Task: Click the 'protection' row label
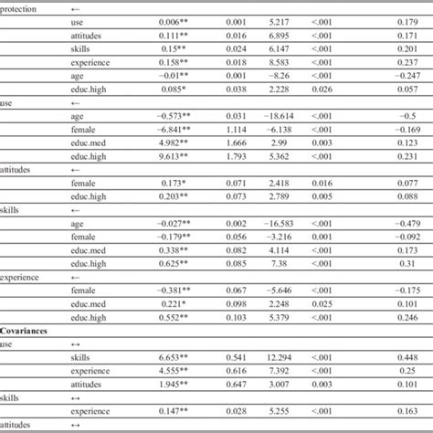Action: [22, 7]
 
